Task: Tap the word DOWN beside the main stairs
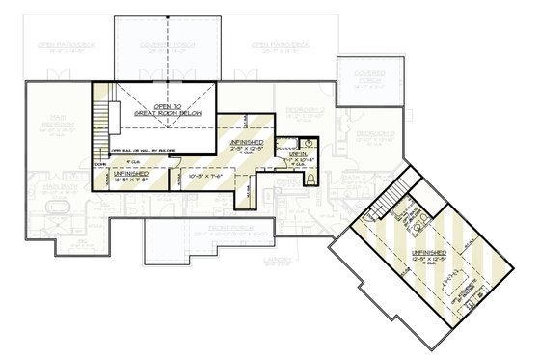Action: click(100, 166)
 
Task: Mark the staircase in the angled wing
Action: click(388, 202)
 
